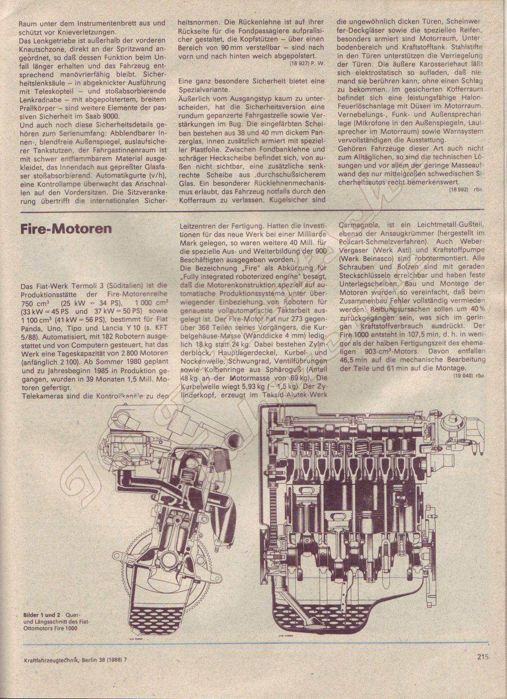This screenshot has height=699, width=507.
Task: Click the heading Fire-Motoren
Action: pos(66,229)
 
